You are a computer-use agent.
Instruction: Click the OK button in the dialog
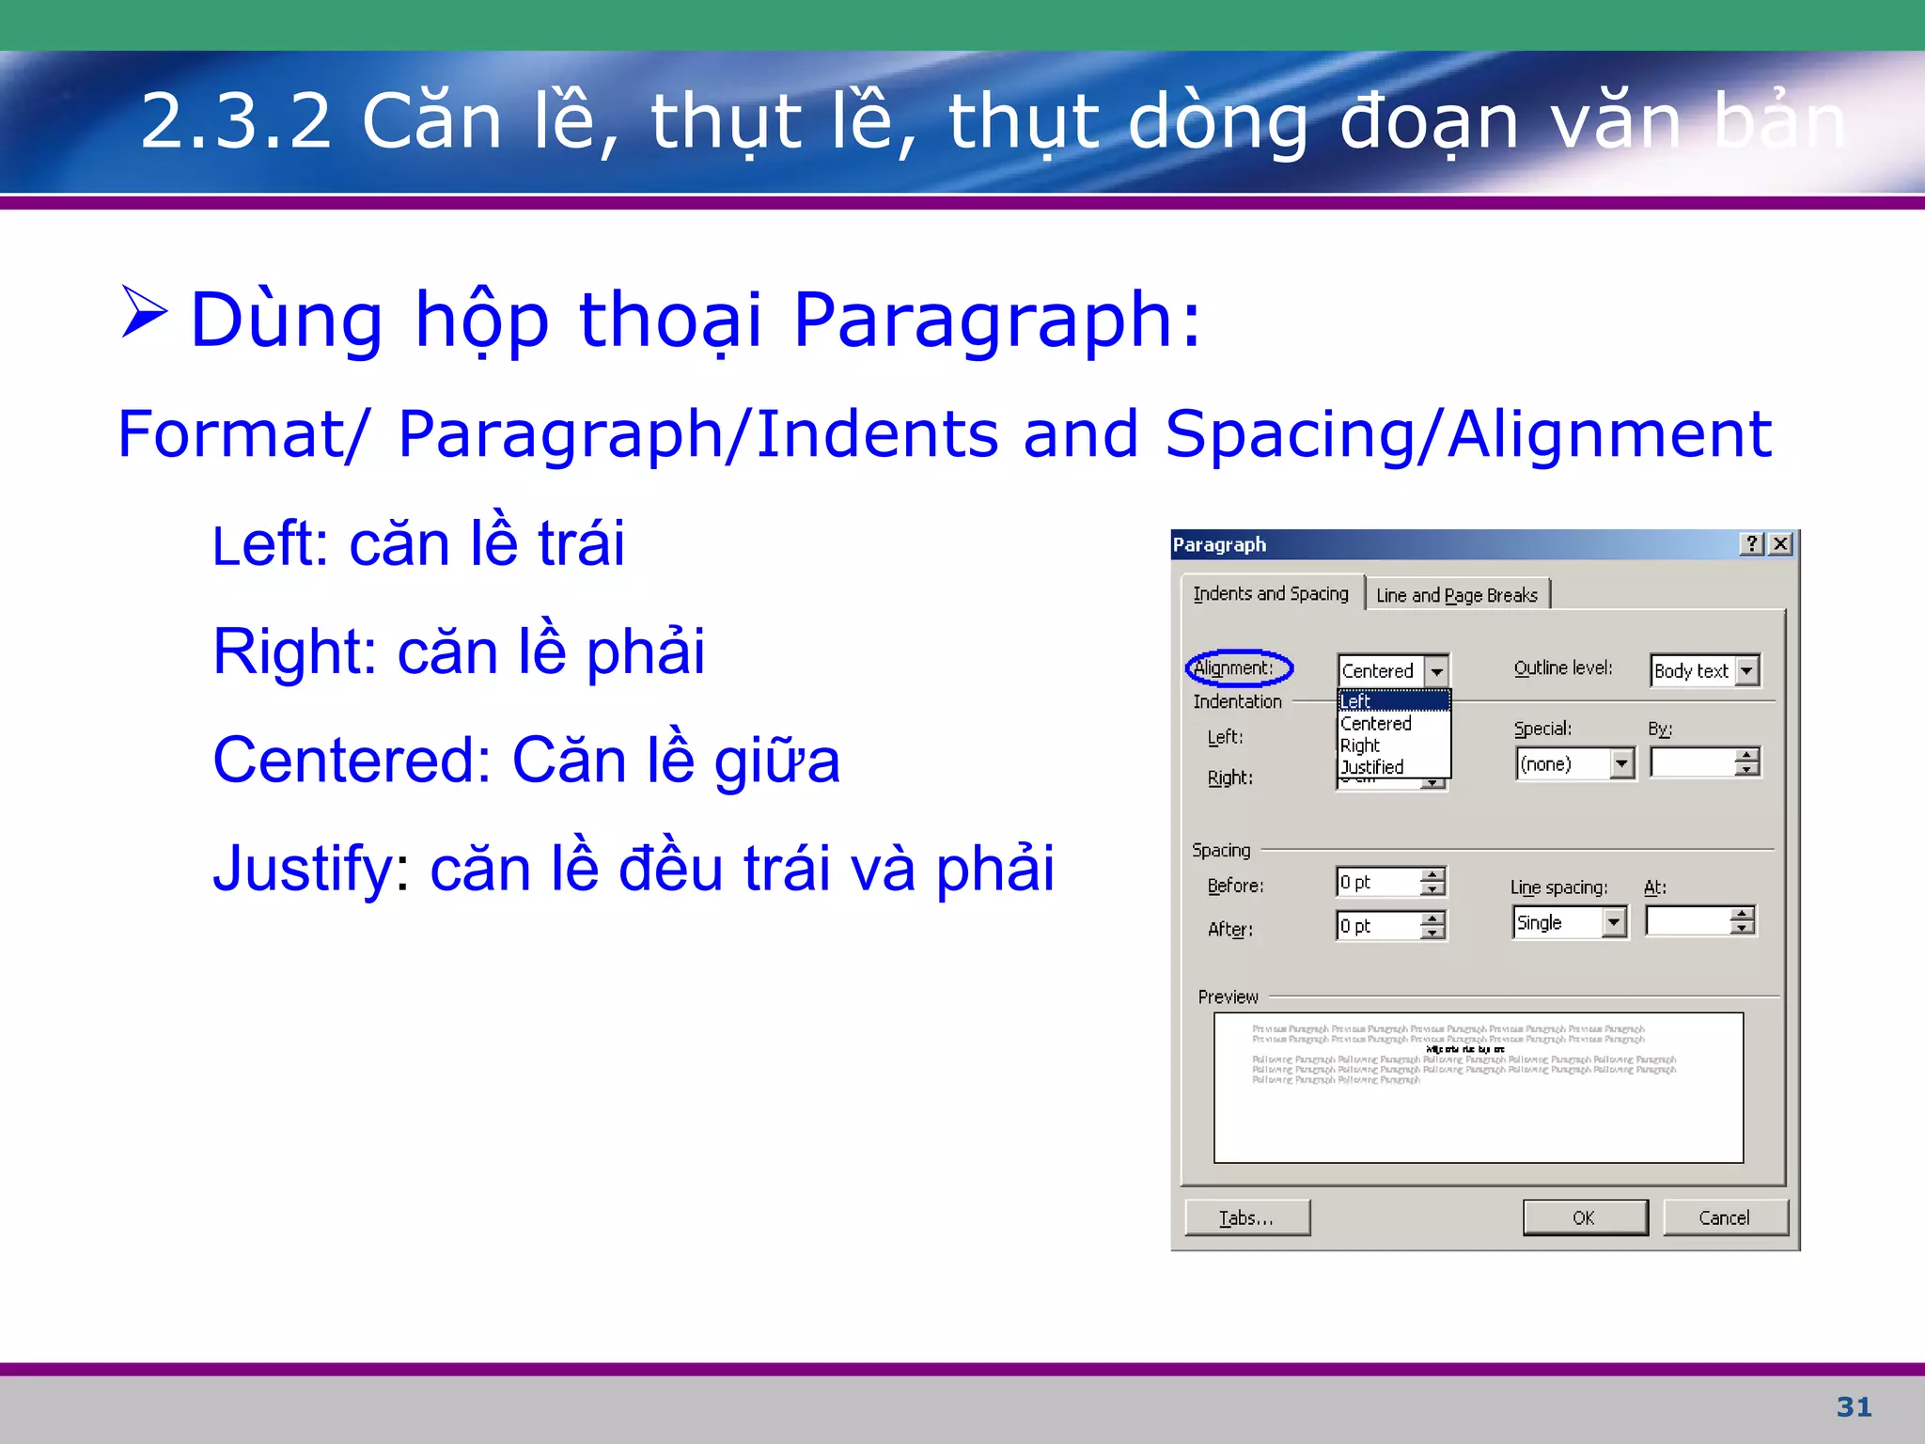(1585, 1217)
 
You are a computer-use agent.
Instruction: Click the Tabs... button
(1246, 1217)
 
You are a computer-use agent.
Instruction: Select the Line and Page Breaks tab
(1456, 595)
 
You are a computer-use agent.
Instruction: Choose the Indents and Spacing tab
(1270, 593)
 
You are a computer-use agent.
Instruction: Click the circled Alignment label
(1237, 667)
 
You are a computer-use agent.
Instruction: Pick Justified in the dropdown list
(1372, 767)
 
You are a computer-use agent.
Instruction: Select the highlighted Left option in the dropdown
(1391, 700)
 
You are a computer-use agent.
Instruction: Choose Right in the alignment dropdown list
(1361, 746)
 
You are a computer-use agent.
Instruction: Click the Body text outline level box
(1692, 670)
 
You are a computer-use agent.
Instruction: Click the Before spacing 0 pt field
(1378, 882)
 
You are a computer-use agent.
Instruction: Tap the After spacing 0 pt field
(1378, 926)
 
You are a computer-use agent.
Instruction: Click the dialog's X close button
(1780, 544)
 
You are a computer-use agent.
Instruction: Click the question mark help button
(1751, 544)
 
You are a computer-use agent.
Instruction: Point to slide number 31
(1854, 1406)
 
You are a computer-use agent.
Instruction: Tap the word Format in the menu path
(231, 434)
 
